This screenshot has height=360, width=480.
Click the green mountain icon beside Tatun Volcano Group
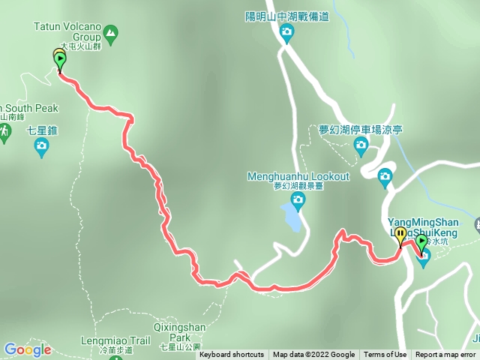tap(111, 33)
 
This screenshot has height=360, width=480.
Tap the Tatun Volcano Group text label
tap(66, 25)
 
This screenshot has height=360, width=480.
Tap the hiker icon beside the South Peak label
tap(4, 132)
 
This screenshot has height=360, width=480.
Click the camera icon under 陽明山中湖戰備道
tap(286, 31)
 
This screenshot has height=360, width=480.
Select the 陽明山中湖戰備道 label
tap(286, 16)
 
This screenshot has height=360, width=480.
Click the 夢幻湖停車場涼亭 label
tap(361, 130)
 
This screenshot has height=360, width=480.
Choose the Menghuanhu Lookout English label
tap(298, 176)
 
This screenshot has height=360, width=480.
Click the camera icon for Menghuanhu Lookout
tap(298, 199)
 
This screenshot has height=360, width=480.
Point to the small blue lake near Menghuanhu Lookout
tap(293, 218)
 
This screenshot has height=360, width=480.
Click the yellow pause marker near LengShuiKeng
tap(401, 235)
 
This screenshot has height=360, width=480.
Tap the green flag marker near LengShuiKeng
tap(421, 242)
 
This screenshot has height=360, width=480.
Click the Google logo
tap(27, 349)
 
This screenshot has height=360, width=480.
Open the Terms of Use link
tap(385, 355)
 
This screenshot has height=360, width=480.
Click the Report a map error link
tap(445, 355)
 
